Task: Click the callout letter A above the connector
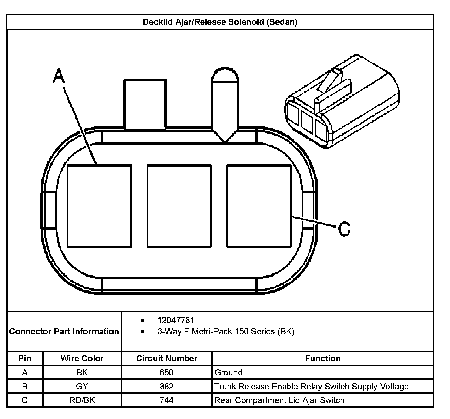pyautogui.click(x=59, y=76)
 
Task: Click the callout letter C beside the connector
pyautogui.click(x=344, y=229)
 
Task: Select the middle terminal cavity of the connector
pyautogui.click(x=179, y=206)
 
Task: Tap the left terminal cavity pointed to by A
pyautogui.click(x=99, y=206)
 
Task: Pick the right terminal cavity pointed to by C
pyautogui.click(x=259, y=206)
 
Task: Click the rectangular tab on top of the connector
pyautogui.click(x=145, y=104)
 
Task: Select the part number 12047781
pyautogui.click(x=176, y=320)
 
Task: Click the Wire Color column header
pyautogui.click(x=82, y=358)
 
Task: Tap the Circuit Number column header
pyautogui.click(x=167, y=358)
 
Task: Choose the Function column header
pyautogui.click(x=323, y=358)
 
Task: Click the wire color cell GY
pyautogui.click(x=82, y=386)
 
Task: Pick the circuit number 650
pyautogui.click(x=166, y=372)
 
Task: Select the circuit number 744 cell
pyautogui.click(x=166, y=400)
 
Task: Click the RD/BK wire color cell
pyautogui.click(x=82, y=400)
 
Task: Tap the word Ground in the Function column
pyautogui.click(x=228, y=372)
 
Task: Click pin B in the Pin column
pyautogui.click(x=25, y=386)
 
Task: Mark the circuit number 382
pyautogui.click(x=166, y=386)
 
